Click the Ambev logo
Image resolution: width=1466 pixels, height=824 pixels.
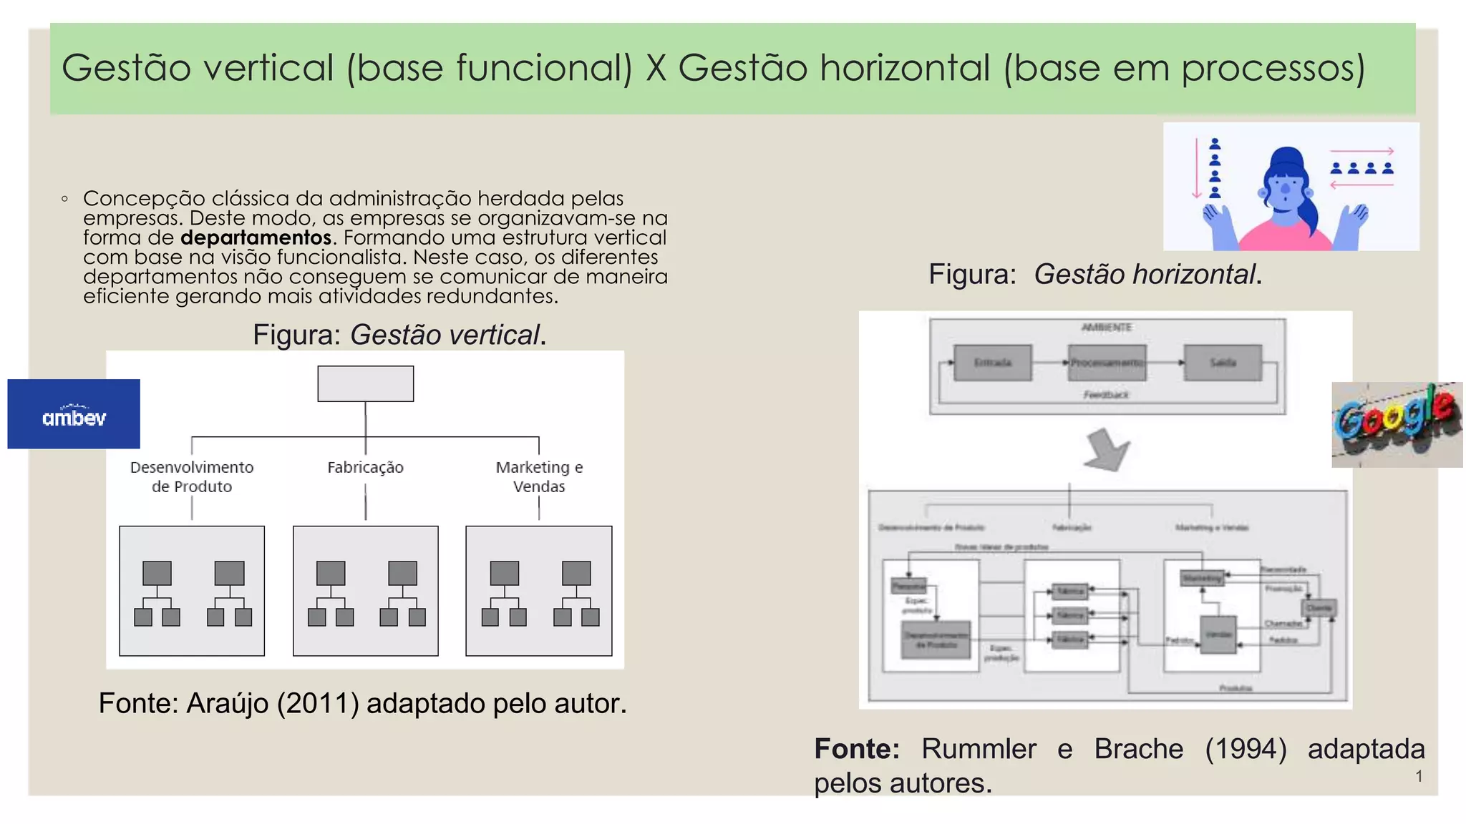pos(74,414)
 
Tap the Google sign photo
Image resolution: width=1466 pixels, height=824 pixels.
pos(1396,424)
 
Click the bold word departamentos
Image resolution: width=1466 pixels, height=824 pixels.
pos(256,237)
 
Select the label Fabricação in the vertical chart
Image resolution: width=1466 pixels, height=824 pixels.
pos(365,467)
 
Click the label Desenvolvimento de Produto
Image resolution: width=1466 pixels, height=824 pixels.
pos(192,476)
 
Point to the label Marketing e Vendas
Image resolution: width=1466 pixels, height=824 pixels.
pos(539,476)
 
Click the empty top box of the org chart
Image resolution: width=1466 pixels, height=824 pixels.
pos(365,383)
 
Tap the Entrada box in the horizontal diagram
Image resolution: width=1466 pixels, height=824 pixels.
pos(993,363)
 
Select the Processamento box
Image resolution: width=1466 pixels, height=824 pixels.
pos(1107,363)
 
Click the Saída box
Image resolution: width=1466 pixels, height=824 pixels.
pos(1223,363)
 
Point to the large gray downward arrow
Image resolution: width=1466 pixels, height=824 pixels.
pos(1106,450)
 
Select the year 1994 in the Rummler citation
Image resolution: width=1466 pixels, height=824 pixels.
pos(1246,749)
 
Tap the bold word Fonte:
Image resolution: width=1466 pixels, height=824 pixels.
pos(857,749)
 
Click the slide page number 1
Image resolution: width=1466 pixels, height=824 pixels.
pos(1419,776)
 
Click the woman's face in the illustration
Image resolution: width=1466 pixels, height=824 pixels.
pos(1286,190)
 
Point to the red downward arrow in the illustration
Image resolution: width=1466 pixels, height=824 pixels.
pos(1196,169)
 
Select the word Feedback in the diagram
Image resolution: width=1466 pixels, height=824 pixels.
pos(1106,395)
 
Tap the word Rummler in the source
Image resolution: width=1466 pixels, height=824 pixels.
pos(979,749)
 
